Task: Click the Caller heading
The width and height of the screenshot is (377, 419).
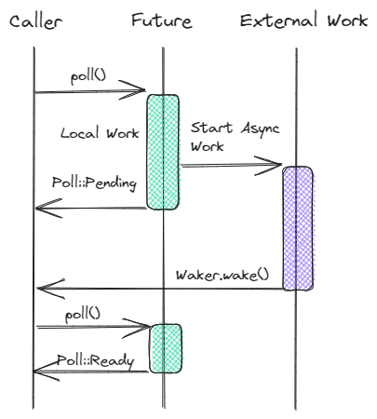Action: pos(36,21)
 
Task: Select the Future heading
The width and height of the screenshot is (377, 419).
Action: pos(162,20)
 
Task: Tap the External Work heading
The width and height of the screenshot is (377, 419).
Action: pos(303,20)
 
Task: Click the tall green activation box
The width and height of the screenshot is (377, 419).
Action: pos(163,152)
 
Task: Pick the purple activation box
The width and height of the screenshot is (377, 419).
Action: pos(298,228)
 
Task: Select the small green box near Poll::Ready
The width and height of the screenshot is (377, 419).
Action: pos(166,348)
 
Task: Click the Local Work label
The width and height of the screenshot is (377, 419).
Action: pos(100,133)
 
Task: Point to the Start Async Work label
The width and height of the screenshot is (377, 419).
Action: pos(235,137)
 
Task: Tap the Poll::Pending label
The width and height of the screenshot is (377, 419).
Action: pos(94,183)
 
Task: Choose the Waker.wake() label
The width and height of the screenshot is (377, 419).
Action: pos(222,276)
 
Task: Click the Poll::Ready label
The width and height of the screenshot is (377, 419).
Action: pos(96,361)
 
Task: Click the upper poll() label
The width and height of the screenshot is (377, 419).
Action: pos(88,76)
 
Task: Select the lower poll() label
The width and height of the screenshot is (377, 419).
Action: pos(83,316)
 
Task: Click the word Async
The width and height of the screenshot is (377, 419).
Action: pos(260,129)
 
